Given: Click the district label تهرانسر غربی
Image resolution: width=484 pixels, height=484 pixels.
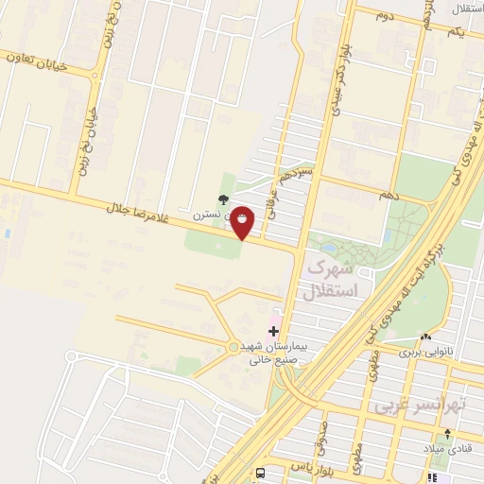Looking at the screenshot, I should tap(422, 406).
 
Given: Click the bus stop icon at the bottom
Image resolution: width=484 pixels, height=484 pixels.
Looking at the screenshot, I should tap(260, 471).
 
